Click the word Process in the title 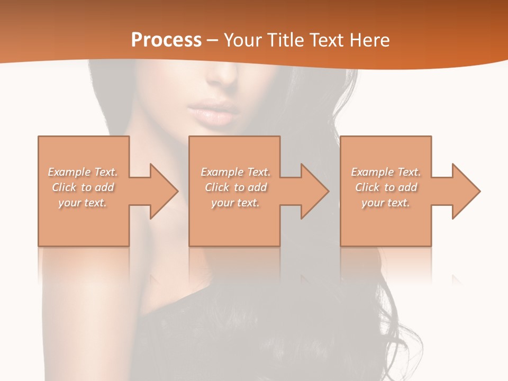point(166,40)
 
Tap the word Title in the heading point(285,40)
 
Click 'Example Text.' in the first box point(83,172)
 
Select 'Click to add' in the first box point(83,187)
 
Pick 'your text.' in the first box point(83,203)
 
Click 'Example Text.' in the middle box point(235,172)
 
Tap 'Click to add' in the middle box point(235,187)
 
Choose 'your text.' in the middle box point(235,203)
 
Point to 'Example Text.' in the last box point(386,172)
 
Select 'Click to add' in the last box point(386,187)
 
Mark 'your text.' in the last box point(386,203)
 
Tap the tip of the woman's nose point(221,79)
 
